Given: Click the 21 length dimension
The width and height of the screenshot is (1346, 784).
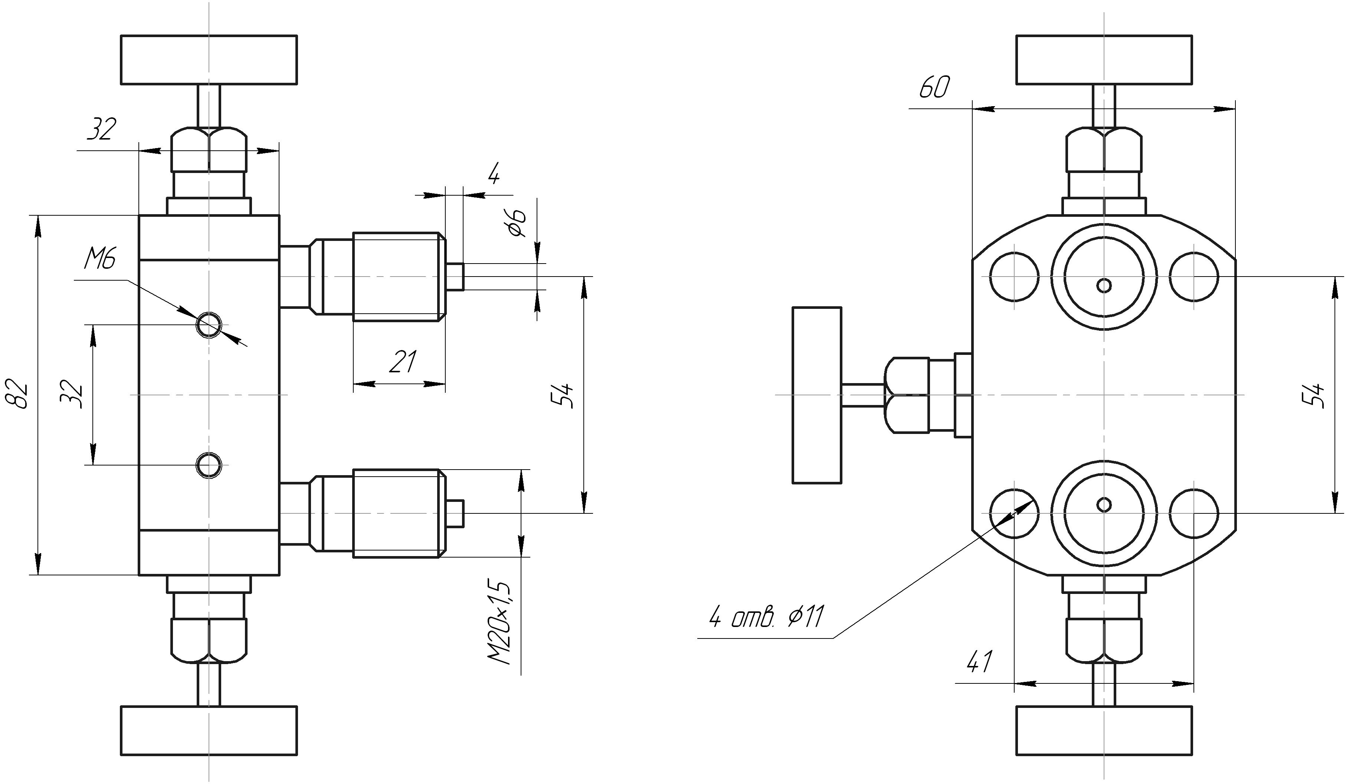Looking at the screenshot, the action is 403,362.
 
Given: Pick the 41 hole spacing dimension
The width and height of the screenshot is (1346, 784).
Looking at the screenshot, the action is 979,661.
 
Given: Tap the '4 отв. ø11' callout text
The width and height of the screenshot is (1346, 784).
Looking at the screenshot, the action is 766,618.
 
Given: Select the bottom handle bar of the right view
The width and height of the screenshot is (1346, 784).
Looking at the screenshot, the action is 1104,731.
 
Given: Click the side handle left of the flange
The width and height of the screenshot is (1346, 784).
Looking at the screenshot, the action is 817,395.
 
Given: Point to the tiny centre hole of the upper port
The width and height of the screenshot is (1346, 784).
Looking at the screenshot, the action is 1104,285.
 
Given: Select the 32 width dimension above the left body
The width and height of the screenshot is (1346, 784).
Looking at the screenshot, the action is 101,129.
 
